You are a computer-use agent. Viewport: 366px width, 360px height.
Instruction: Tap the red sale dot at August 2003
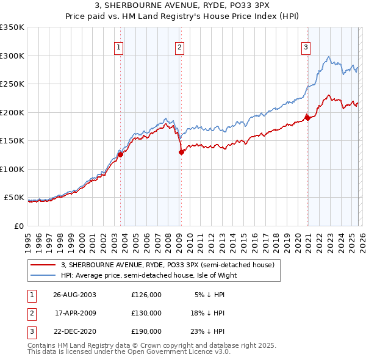pos(121,154)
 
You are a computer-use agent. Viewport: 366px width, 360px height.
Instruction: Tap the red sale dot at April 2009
pos(181,153)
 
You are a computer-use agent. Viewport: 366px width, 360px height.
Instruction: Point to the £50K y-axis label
pos(14,198)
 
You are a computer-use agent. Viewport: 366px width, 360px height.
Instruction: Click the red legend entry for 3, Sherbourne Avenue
pos(168,265)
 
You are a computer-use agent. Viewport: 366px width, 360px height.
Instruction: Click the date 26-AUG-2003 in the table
pos(74,295)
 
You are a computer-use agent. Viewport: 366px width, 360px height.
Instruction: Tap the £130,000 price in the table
pos(146,313)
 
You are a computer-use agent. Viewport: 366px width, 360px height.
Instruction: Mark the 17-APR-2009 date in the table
pos(74,313)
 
